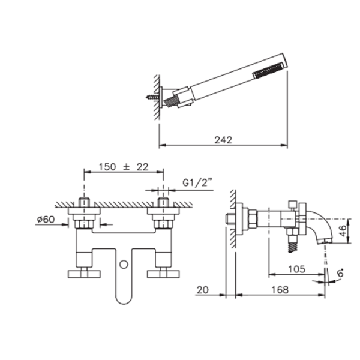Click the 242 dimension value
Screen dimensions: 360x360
pos(223,140)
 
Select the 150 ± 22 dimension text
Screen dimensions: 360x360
pos(124,167)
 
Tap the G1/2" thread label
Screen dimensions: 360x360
pos(197,183)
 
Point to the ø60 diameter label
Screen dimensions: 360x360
pos(46,220)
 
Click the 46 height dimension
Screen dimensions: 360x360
pos(343,231)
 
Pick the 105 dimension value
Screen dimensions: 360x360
pos(296,269)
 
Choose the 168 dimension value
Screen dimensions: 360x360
pos(280,290)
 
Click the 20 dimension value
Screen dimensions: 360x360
pos(203,290)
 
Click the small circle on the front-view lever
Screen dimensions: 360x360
pos(124,265)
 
